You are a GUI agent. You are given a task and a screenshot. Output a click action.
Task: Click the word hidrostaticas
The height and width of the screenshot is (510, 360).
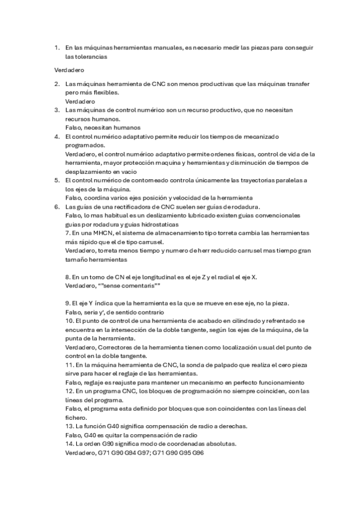[158, 224]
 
